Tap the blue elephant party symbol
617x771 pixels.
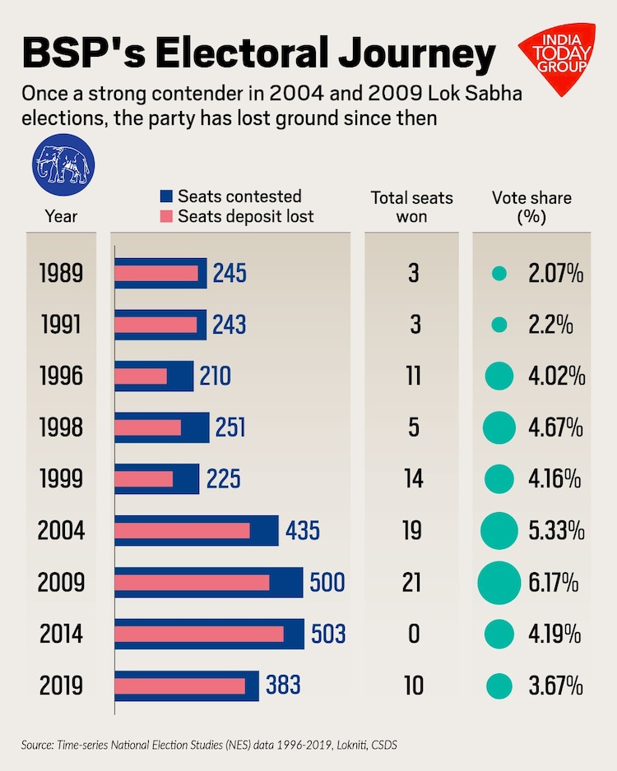tap(62, 164)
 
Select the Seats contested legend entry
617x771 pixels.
tap(230, 196)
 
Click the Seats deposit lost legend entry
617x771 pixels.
tap(236, 217)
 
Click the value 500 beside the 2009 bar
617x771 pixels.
tap(327, 583)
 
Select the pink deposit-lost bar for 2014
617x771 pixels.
tap(199, 635)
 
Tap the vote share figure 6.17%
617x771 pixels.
tap(556, 583)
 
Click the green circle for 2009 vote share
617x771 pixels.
tap(499, 583)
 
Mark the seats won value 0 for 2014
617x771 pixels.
tap(414, 635)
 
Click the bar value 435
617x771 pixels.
tap(303, 531)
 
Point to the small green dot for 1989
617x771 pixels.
tap(499, 274)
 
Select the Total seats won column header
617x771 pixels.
tap(412, 208)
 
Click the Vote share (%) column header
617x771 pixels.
tap(531, 208)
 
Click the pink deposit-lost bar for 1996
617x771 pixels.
tap(141, 376)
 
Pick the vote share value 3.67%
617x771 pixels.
tap(556, 686)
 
